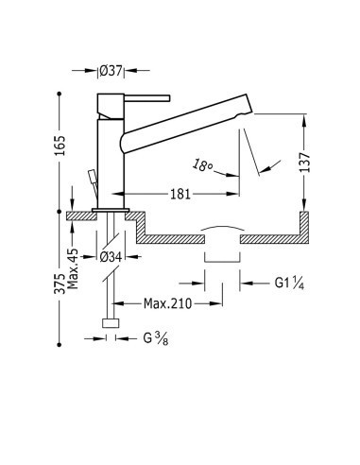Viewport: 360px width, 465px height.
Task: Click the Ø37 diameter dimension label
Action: (111, 71)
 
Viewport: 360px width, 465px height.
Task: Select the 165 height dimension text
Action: (60, 146)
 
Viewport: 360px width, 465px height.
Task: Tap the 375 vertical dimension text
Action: (60, 284)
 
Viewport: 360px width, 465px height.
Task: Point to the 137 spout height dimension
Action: (304, 162)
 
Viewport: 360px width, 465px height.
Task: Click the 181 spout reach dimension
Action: (180, 194)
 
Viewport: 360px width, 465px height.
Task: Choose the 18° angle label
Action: (202, 165)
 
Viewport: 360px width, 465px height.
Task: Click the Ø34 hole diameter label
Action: (111, 257)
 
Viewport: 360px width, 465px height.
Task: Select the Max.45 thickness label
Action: (73, 268)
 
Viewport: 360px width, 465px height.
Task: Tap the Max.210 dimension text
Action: (167, 303)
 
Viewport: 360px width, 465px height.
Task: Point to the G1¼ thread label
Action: (289, 283)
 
